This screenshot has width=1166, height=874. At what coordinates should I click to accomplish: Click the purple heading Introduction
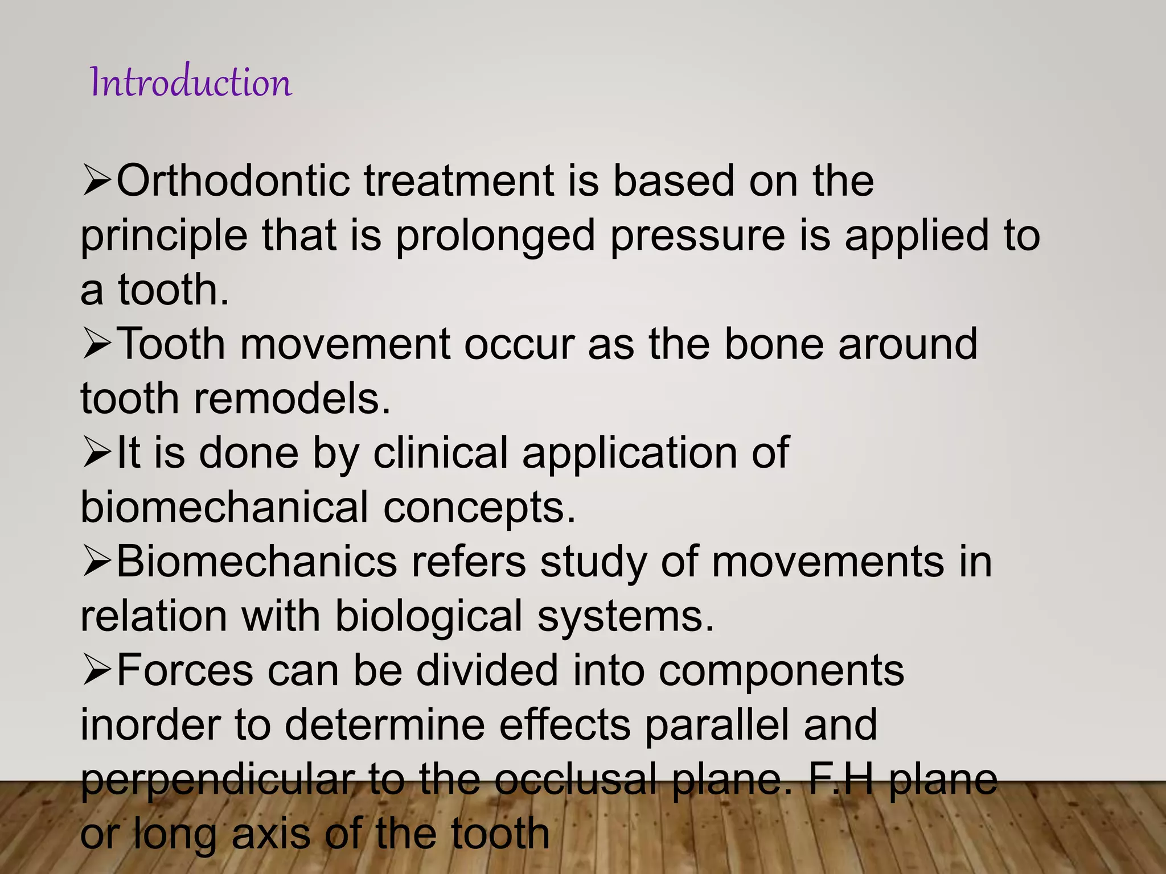pyautogui.click(x=191, y=83)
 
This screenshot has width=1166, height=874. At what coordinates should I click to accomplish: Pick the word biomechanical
pyautogui.click(x=224, y=507)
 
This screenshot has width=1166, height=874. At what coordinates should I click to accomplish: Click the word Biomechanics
pyautogui.click(x=256, y=562)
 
